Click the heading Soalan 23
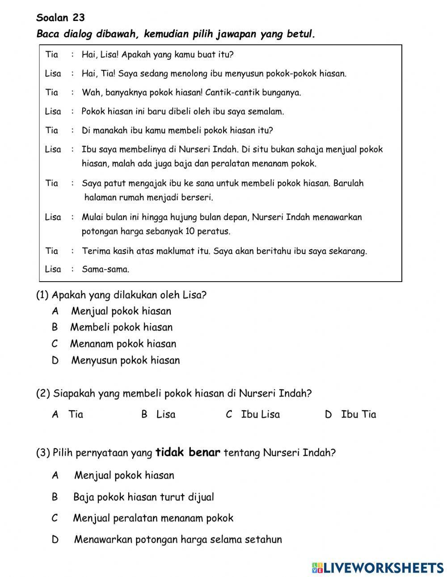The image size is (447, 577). click(60, 18)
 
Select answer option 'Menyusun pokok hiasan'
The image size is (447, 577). click(125, 360)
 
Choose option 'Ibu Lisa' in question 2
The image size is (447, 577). click(260, 414)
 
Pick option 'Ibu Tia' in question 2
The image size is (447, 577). click(358, 414)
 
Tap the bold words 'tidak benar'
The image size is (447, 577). click(188, 452)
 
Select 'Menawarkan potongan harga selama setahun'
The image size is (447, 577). click(178, 539)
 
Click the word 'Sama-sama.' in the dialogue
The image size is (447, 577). click(105, 269)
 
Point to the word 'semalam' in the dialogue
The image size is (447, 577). click(267, 111)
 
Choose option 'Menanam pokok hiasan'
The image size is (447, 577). click(123, 344)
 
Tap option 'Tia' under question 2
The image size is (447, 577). click(76, 414)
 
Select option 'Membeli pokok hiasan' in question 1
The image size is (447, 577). click(121, 327)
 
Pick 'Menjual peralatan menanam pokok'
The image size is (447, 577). click(153, 518)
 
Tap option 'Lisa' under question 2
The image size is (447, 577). click(165, 414)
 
